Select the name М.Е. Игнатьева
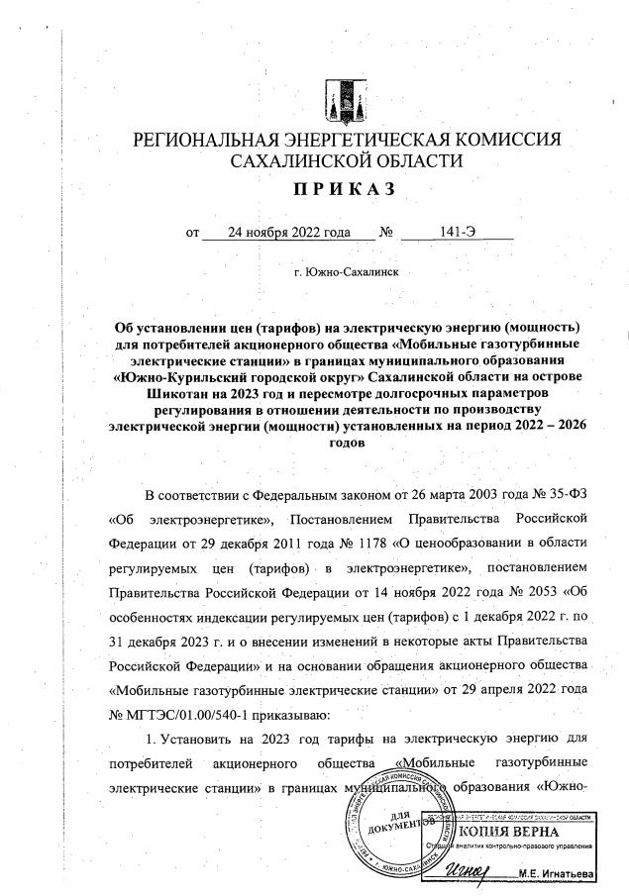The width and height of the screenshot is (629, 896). (x=570, y=874)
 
